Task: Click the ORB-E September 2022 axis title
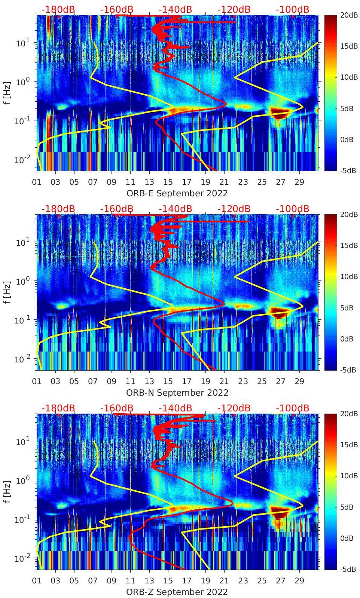pos(177,193)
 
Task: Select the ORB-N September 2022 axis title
pos(177,393)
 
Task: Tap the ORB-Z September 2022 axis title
pos(177,592)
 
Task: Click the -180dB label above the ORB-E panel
pos(58,10)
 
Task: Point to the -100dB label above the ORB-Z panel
pos(292,408)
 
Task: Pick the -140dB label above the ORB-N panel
pos(175,209)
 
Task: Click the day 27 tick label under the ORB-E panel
pos(280,182)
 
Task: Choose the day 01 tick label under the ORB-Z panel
pos(37,581)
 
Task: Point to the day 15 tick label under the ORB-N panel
pos(168,381)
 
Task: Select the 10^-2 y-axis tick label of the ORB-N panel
pos(21,359)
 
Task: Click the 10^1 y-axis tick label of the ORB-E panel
pos(21,43)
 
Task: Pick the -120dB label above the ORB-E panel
pos(234,10)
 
